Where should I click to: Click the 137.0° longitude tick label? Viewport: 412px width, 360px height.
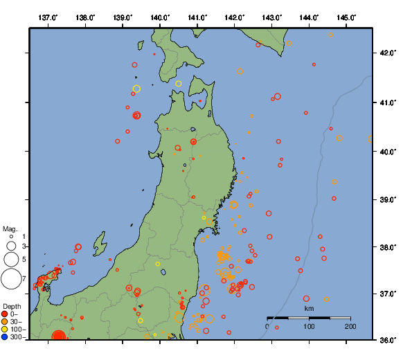pyautogui.click(x=48, y=17)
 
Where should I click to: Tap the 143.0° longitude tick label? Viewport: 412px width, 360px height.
pyautogui.click(x=272, y=17)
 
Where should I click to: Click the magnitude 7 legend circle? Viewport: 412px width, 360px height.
pyautogui.click(x=10, y=279)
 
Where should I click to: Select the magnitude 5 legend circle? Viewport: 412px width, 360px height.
pyautogui.click(x=10, y=260)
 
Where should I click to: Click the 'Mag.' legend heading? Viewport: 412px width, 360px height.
pyautogui.click(x=10, y=228)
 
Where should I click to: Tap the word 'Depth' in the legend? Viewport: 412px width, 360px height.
pyautogui.click(x=12, y=306)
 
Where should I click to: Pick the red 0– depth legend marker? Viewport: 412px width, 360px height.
pyautogui.click(x=5, y=314)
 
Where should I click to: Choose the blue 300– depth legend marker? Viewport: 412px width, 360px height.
pyautogui.click(x=5, y=337)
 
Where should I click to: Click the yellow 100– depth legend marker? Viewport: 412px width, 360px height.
pyautogui.click(x=5, y=330)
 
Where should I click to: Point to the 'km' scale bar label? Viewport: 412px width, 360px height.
pyautogui.click(x=309, y=308)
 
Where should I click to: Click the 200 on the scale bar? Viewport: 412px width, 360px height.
pyautogui.click(x=350, y=326)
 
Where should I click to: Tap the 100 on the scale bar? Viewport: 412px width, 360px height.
pyautogui.click(x=309, y=326)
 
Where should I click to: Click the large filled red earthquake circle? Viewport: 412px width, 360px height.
pyautogui.click(x=59, y=337)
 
